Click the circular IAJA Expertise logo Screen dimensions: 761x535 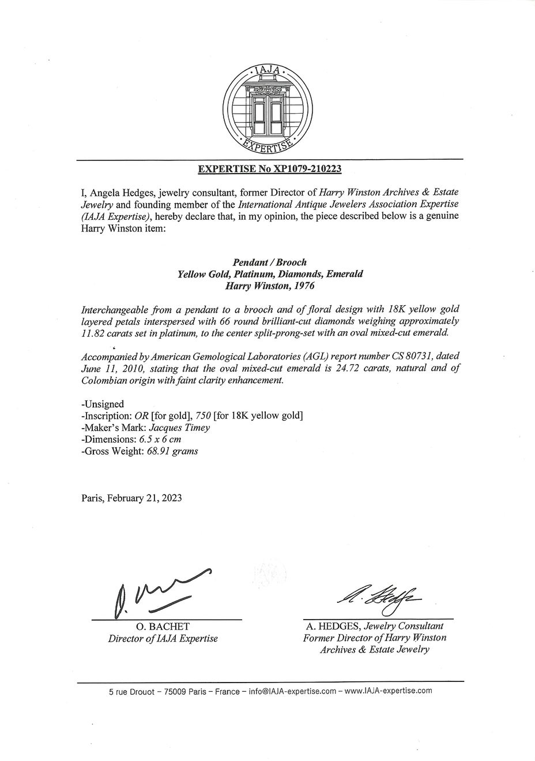pos(268,111)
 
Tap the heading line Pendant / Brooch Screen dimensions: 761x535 pos(270,263)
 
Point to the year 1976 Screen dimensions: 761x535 pos(303,286)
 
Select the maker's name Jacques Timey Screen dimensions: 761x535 pos(179,428)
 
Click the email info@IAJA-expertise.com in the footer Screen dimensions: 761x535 pos(292,691)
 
